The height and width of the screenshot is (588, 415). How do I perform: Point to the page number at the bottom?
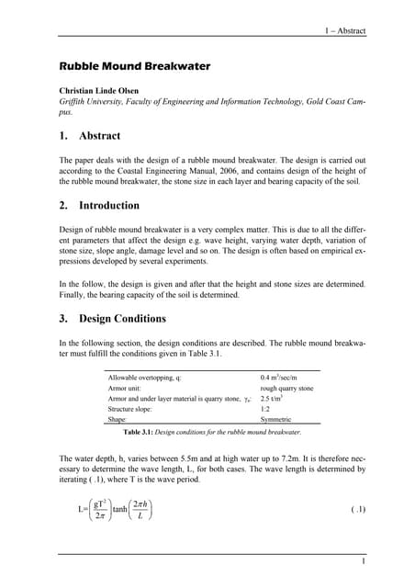click(364, 561)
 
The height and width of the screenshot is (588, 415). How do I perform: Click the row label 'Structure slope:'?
click(136, 408)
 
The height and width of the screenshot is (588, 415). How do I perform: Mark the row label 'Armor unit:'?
click(128, 388)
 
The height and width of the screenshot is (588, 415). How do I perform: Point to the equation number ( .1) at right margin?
click(359, 508)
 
